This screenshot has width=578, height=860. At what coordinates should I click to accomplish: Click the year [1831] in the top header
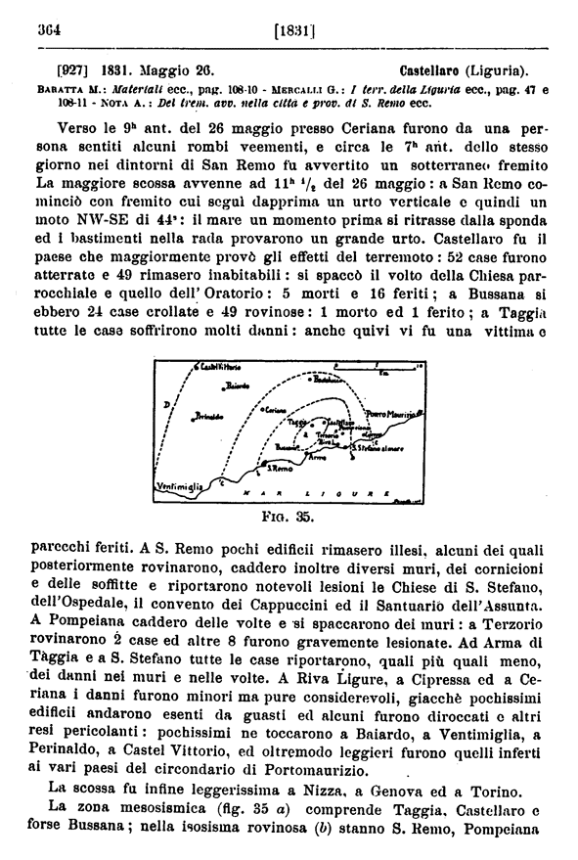[x=293, y=31]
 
